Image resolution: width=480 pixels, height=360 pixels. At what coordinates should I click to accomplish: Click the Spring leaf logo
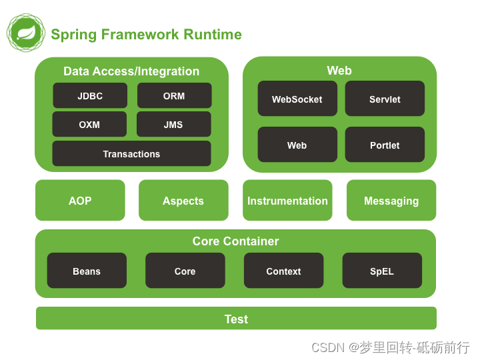[x=26, y=33]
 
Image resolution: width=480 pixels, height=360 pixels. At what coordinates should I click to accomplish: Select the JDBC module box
[x=90, y=96]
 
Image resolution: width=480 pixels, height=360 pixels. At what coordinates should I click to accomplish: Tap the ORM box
[x=174, y=96]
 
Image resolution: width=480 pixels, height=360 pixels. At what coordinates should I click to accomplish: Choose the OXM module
[x=89, y=125]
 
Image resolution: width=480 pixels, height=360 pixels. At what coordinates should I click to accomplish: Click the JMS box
[x=173, y=125]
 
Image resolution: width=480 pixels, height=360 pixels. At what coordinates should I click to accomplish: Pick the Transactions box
[x=131, y=154]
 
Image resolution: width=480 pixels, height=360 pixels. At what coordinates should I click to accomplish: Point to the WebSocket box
[x=297, y=99]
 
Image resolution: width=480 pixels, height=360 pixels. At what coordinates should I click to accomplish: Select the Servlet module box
[x=385, y=99]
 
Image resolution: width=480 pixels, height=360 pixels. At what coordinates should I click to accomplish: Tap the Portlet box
[x=385, y=145]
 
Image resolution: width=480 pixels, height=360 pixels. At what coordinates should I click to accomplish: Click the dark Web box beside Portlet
[x=297, y=145]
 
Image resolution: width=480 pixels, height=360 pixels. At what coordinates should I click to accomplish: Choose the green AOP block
[x=80, y=201]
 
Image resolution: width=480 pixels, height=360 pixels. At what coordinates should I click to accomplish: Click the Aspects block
[x=183, y=201]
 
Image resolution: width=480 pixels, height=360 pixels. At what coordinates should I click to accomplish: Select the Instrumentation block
[x=287, y=201]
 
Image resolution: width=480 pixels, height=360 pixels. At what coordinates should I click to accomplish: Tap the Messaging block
[x=391, y=201]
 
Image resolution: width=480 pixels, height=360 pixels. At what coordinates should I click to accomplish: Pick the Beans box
[x=87, y=271]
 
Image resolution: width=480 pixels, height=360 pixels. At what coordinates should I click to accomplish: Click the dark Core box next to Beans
[x=185, y=271]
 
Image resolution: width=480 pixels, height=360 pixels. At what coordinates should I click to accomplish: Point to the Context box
[x=283, y=271]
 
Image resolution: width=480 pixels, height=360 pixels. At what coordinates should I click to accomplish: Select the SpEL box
[x=382, y=271]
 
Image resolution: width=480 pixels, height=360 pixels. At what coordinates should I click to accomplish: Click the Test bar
[x=236, y=319]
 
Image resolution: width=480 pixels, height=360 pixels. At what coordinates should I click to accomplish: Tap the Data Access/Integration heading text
[x=131, y=71]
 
